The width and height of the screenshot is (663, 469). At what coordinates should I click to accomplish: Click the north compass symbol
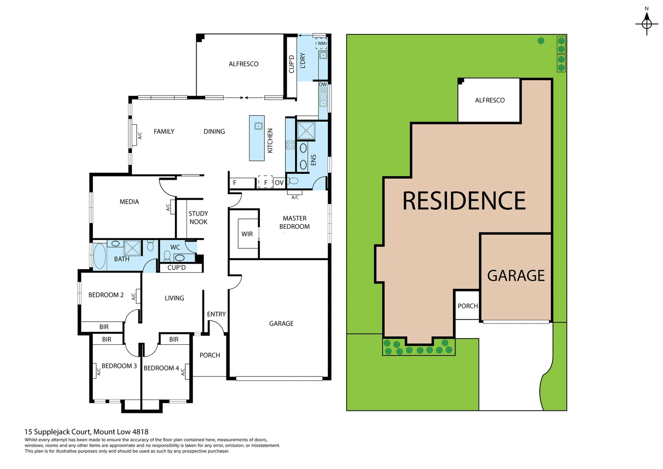tap(647, 23)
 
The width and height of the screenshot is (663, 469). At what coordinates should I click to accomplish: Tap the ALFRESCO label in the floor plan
tap(243, 64)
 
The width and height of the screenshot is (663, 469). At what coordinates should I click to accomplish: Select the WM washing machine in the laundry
tap(322, 43)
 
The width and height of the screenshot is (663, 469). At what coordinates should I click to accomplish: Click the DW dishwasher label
tap(323, 84)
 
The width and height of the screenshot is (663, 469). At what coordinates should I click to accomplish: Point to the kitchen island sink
tap(259, 126)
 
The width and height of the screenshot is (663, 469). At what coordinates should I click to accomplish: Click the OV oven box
tap(279, 183)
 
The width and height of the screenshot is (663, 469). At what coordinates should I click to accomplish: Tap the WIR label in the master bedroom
tap(247, 234)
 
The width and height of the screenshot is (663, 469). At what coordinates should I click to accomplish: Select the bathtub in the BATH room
tap(100, 256)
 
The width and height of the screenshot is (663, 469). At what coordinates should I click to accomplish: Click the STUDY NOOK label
tap(198, 218)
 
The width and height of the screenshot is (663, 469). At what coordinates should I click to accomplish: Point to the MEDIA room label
tap(129, 202)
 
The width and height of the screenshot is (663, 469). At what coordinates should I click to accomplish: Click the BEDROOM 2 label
tap(106, 295)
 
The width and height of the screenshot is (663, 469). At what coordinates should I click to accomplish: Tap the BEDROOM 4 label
tap(161, 368)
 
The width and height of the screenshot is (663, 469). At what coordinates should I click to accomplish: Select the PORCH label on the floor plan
tap(210, 355)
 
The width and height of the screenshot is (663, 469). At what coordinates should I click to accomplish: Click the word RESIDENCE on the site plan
tap(464, 201)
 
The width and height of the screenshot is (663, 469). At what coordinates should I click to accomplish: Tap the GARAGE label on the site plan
tap(515, 276)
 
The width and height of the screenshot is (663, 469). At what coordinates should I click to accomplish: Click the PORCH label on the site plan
tap(467, 306)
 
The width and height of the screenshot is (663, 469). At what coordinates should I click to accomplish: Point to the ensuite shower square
tap(306, 131)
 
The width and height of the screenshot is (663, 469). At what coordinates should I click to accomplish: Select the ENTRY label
tap(216, 314)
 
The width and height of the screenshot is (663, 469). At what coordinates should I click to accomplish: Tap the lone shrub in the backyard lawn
tap(541, 41)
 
